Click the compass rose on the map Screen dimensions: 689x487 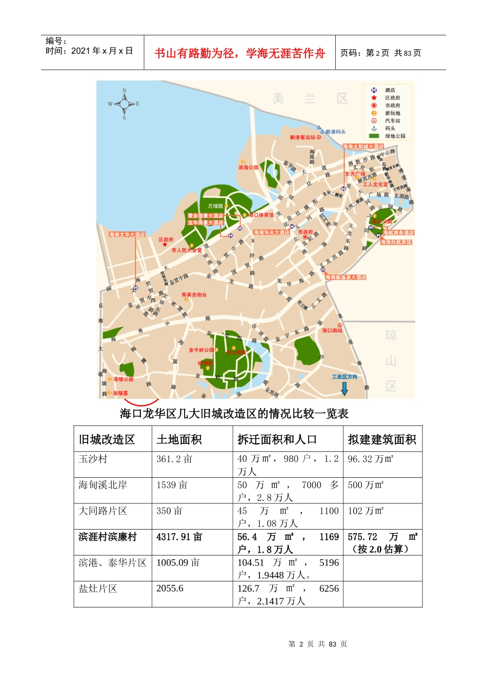click(124, 104)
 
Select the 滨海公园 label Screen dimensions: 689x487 click(249, 167)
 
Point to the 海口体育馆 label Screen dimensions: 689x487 click(261, 215)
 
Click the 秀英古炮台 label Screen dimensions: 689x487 click(194, 295)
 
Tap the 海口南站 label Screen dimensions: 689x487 click(332, 330)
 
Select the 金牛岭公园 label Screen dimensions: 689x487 click(201, 350)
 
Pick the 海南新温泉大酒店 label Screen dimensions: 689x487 click(346, 277)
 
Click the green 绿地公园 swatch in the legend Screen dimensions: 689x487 click(374, 136)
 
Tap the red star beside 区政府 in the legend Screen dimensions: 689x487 click(374, 97)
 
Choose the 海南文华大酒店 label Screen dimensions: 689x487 click(127, 234)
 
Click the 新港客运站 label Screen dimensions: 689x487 click(302, 137)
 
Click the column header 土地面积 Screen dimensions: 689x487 click(179, 439)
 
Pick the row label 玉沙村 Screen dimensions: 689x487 click(93, 459)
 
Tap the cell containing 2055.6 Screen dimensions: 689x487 click(170, 589)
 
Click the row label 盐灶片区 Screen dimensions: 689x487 click(98, 589)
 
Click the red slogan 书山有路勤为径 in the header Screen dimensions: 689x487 click(239, 53)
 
